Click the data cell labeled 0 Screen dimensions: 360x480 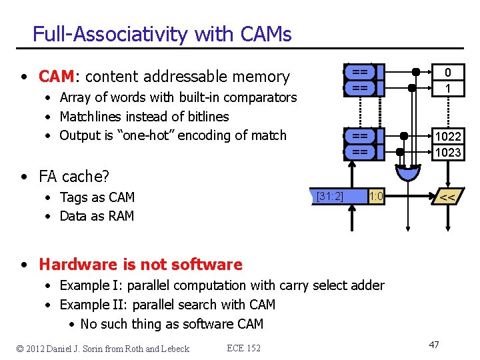(448, 72)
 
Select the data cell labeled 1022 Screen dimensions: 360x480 (448, 136)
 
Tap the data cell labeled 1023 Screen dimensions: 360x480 (448, 152)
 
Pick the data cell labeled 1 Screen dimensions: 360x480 (448, 88)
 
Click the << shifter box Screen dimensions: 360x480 (448, 197)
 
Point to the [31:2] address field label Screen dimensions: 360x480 (330, 196)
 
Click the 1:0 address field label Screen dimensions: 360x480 (376, 196)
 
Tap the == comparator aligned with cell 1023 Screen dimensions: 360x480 (360, 152)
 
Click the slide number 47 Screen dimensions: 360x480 (434, 345)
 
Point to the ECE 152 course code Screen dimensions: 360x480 (243, 348)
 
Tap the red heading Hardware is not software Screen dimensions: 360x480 (140, 265)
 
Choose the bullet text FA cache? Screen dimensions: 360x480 (73, 177)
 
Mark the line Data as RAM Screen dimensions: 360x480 (97, 216)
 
